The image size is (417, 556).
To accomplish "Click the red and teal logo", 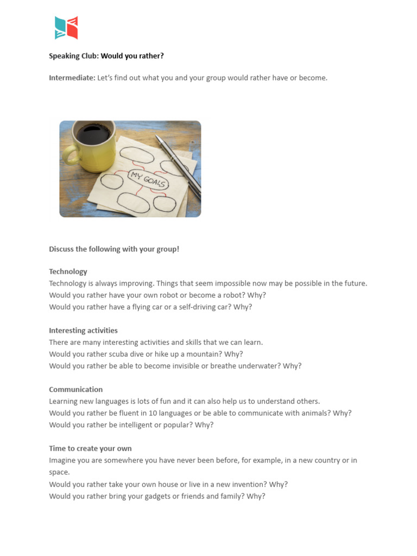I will tap(66, 28).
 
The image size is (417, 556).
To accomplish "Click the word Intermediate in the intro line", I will tap(72, 78).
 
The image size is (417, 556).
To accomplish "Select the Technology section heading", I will tap(68, 271).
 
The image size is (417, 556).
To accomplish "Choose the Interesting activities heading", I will tap(83, 330).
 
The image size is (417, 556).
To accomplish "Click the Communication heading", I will tap(75, 389).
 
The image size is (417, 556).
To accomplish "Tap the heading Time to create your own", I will tap(90, 448).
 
